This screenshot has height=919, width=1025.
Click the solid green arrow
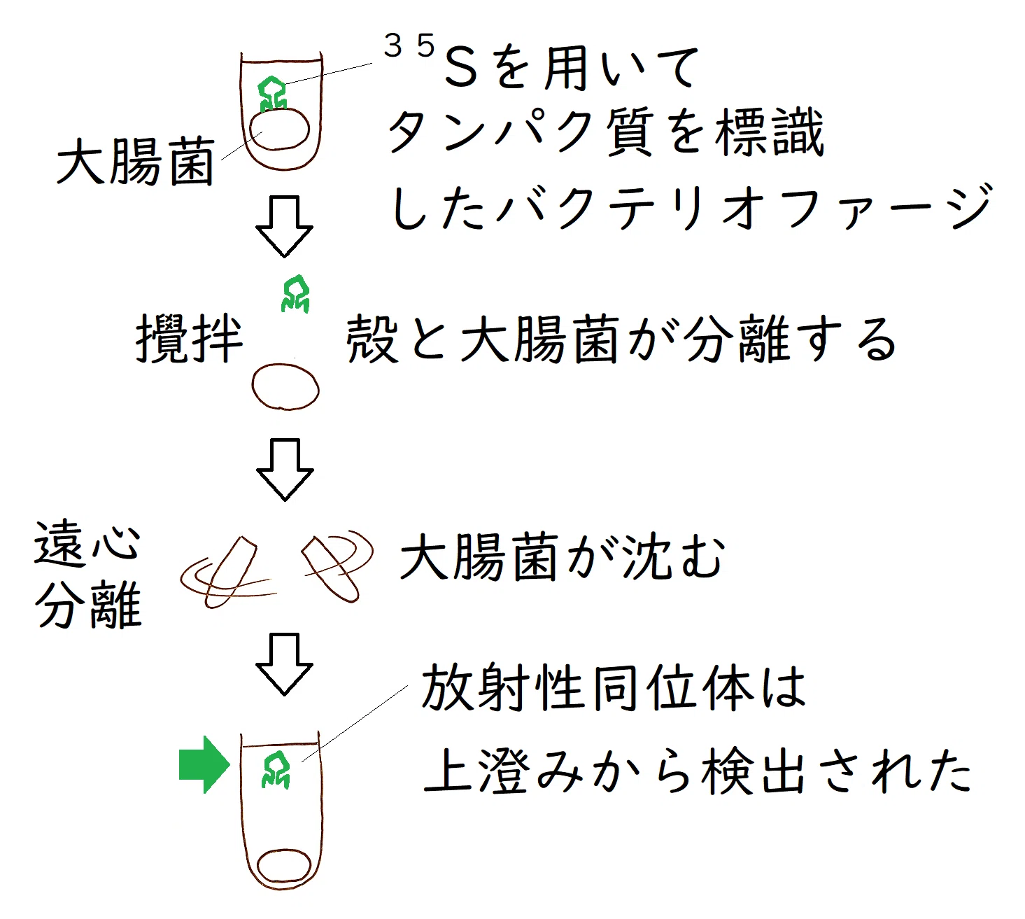(x=204, y=764)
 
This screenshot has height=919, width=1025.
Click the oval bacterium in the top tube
(x=279, y=129)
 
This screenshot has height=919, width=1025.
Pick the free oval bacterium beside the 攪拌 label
(x=285, y=387)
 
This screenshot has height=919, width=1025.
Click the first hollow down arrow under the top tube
(x=284, y=226)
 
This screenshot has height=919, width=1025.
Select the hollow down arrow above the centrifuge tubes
(x=285, y=470)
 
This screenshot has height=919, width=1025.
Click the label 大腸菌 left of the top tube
(x=136, y=161)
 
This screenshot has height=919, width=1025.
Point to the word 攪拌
(x=189, y=338)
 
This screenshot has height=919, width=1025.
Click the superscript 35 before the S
(x=409, y=45)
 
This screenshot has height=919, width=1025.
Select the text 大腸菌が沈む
(x=563, y=558)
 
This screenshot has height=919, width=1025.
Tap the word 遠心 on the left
(x=87, y=544)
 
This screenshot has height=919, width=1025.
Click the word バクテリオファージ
(x=744, y=206)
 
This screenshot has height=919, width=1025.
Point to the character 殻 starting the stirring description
(x=372, y=338)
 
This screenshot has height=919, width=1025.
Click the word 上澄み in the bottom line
(x=503, y=770)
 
